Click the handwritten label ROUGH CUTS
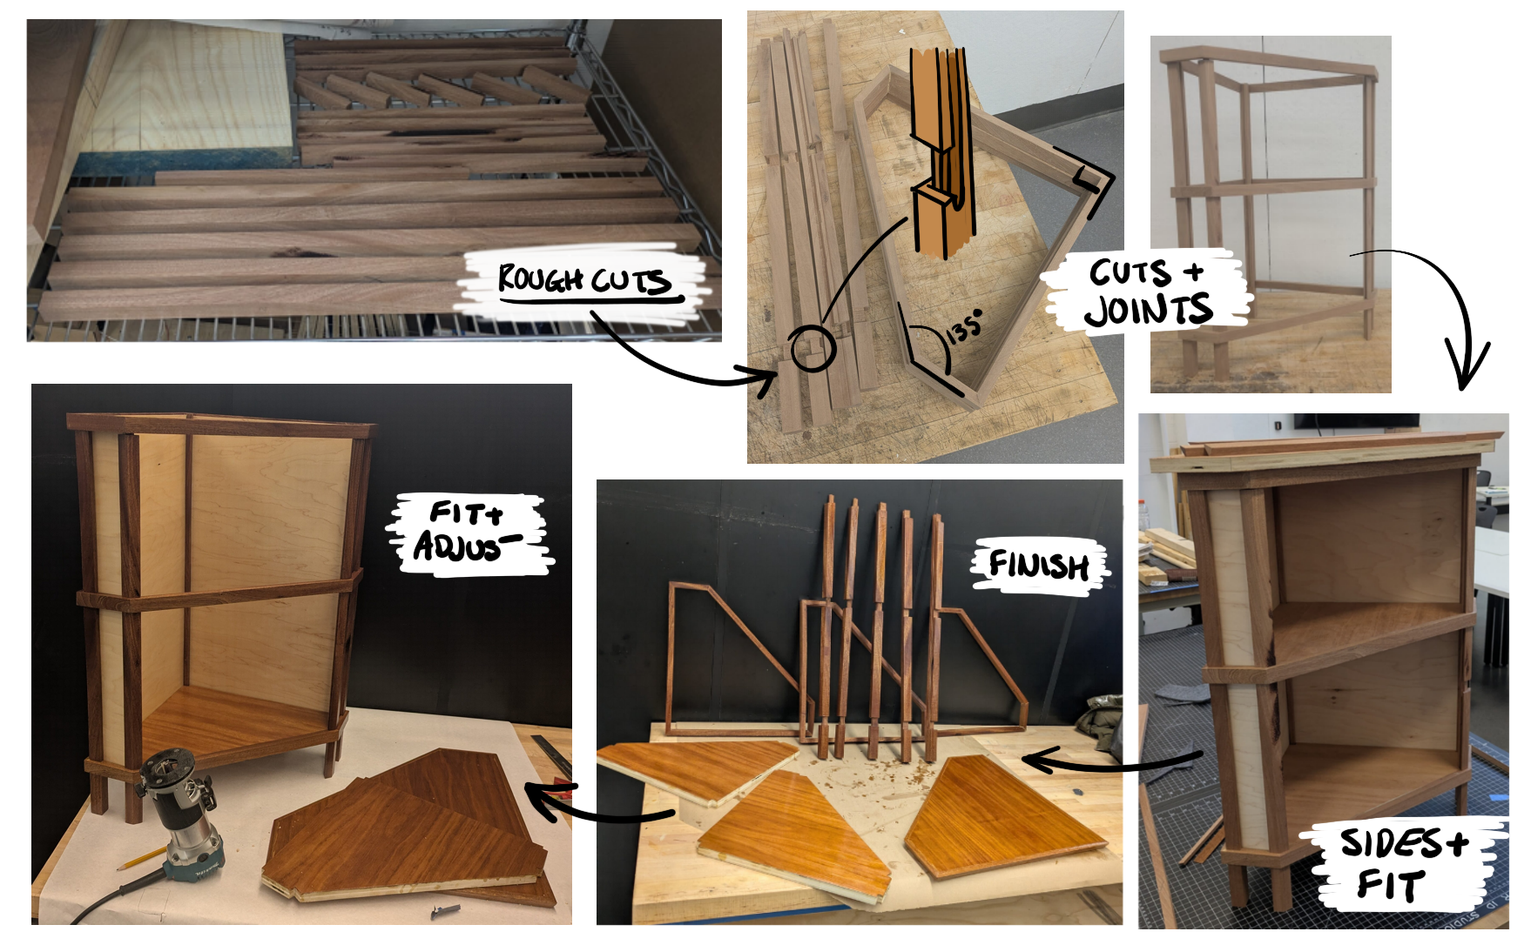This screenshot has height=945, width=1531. pyautogui.click(x=583, y=280)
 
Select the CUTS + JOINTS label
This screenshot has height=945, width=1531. pyautogui.click(x=1148, y=293)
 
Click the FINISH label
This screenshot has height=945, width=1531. pyautogui.click(x=1038, y=566)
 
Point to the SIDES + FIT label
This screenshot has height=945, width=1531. pyautogui.click(x=1402, y=863)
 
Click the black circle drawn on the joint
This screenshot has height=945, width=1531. pyautogui.click(x=813, y=349)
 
